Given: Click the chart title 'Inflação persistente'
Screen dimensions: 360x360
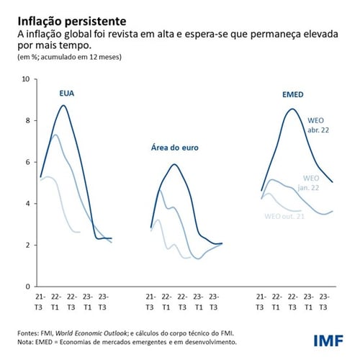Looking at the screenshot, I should pyautogui.click(x=66, y=19).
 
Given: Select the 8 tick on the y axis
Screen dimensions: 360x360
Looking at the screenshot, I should pyautogui.click(x=26, y=121).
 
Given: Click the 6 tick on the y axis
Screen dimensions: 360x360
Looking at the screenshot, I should pyautogui.click(x=26, y=162).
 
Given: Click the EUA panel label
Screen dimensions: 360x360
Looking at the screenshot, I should pyautogui.click(x=67, y=94).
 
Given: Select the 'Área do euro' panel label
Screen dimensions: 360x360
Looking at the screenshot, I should pyautogui.click(x=174, y=148).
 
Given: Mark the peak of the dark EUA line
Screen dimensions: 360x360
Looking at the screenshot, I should pyautogui.click(x=64, y=106).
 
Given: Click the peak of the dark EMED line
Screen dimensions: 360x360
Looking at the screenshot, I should pyautogui.click(x=291, y=109).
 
